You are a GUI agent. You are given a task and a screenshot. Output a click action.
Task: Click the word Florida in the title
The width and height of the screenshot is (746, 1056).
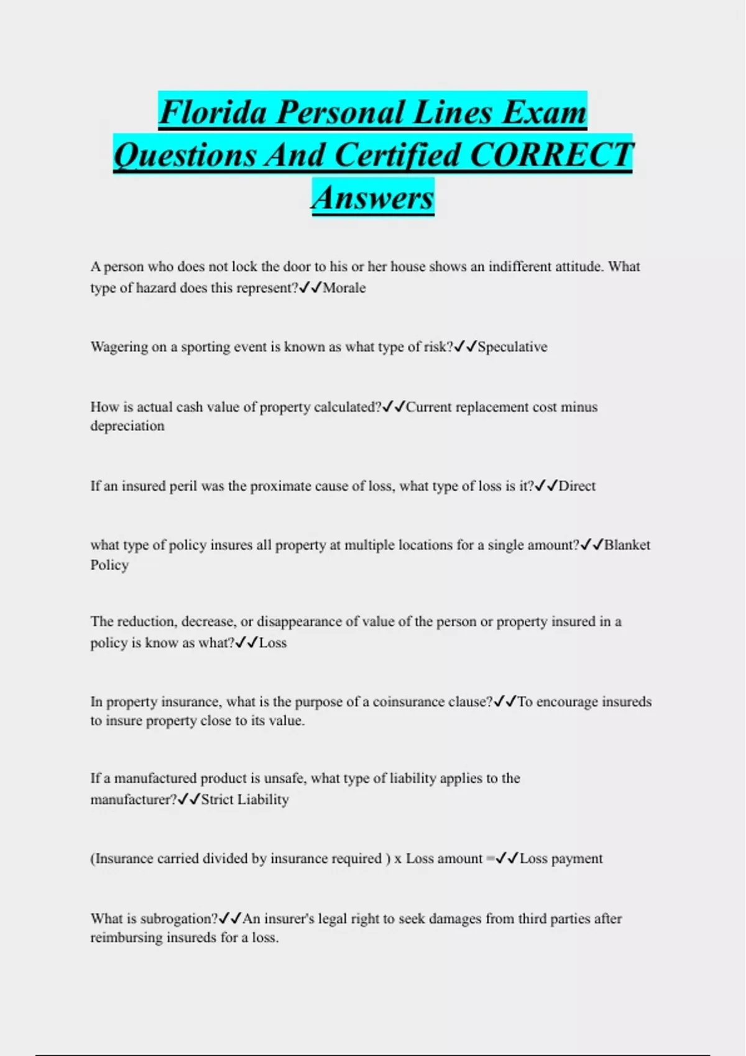coord(213,112)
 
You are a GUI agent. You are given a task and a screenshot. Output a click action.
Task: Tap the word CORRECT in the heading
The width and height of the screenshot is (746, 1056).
coord(551,155)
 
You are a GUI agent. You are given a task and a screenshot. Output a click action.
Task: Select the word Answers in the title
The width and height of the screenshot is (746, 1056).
coord(372,198)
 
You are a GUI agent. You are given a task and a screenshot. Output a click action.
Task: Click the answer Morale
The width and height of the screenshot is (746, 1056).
coord(344,288)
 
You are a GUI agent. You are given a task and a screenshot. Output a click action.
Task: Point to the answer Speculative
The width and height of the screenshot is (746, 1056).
coord(512,347)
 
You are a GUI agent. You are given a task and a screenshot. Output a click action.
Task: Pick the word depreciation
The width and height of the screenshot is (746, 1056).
coord(127,426)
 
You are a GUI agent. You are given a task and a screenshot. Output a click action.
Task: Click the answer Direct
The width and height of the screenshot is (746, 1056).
coord(577,486)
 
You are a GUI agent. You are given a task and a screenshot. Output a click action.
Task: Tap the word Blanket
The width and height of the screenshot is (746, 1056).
coord(627,545)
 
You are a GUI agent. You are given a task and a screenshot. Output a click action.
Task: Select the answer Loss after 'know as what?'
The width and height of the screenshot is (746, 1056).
coord(273,643)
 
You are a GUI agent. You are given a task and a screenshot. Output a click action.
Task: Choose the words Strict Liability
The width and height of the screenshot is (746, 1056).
coord(245,799)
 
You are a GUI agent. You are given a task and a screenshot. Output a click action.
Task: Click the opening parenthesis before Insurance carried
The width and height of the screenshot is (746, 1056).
coord(93,858)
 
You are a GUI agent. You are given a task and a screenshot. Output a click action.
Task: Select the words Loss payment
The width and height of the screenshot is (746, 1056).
coord(561,858)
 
